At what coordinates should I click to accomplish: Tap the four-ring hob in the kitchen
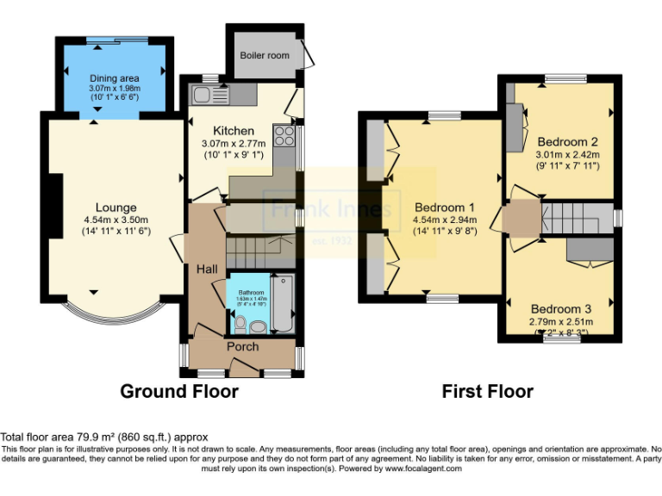(284, 135)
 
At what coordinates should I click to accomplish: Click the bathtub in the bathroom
(282, 303)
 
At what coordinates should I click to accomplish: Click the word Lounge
(116, 208)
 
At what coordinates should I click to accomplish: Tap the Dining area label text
(115, 78)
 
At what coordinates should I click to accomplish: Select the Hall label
(207, 270)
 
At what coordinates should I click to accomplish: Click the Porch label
(242, 346)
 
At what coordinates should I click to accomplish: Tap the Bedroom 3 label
(561, 309)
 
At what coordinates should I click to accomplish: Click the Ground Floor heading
(179, 392)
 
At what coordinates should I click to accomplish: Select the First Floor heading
(487, 392)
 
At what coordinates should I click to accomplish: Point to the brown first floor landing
(521, 217)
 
